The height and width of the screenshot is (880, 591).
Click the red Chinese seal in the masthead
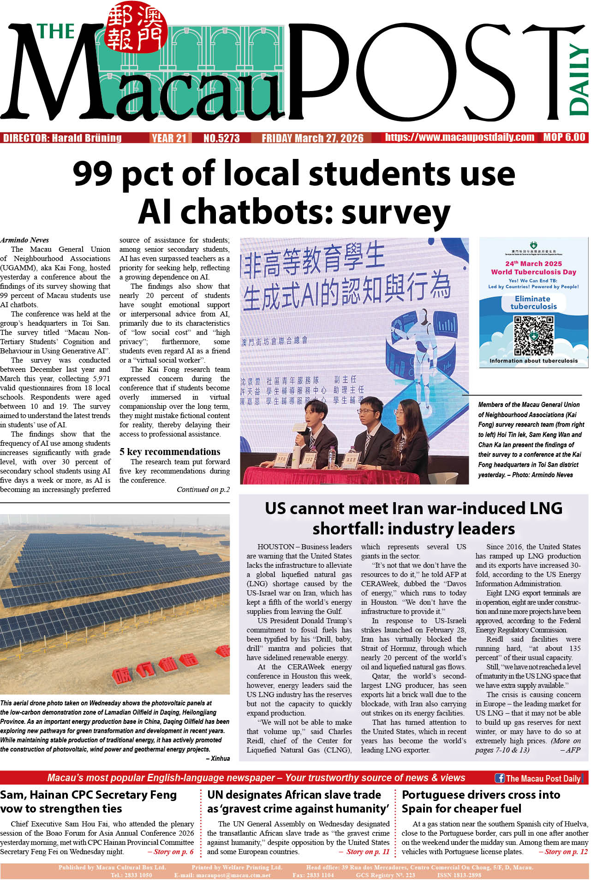136,29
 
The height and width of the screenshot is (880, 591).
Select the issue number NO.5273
221,138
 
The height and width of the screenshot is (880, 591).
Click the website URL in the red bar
460,137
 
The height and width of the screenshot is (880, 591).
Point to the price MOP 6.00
564,137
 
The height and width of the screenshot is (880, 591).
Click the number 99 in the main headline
93,173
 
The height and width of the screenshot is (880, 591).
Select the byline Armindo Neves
25,240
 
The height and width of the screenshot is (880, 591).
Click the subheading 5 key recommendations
170,452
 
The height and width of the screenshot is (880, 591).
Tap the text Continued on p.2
203,490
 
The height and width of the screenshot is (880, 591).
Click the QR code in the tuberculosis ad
533,335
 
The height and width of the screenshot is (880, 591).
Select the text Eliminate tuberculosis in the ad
533,303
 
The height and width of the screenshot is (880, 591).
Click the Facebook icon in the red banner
499,778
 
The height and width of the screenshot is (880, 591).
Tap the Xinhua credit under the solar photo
220,758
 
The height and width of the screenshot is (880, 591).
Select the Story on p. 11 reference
368,851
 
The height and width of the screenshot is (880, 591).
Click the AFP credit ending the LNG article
573,750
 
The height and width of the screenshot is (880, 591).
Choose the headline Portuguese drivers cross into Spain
481,801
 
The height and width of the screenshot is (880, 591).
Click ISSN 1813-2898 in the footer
459,875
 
